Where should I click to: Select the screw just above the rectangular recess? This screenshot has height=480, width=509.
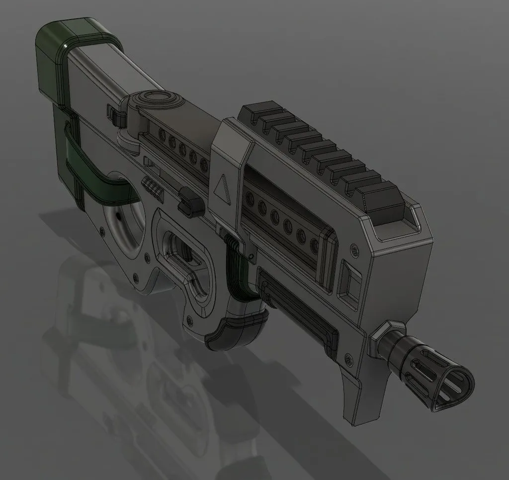(x=353, y=247)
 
